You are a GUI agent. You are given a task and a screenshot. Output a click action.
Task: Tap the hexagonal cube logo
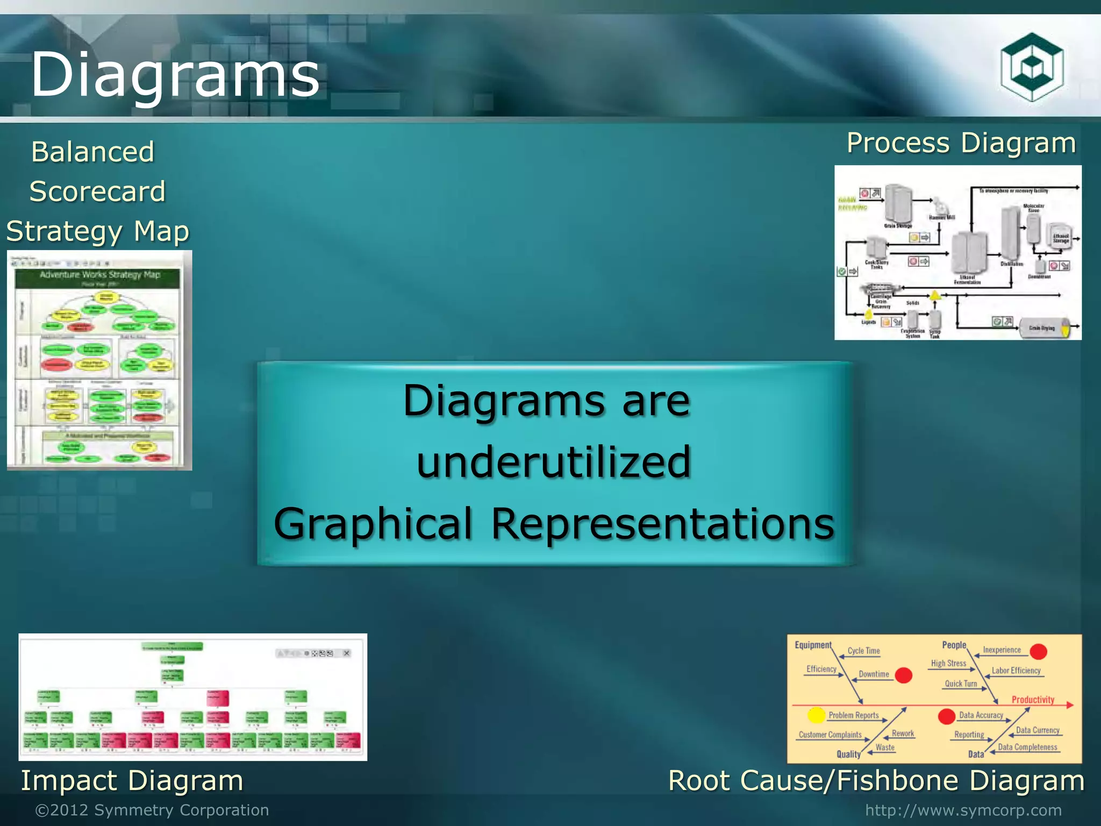(x=1032, y=67)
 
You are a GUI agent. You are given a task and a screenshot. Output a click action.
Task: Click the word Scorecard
(x=97, y=191)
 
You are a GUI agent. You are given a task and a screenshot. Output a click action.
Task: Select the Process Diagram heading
(x=961, y=143)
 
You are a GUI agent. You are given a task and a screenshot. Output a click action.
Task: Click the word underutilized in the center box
(x=554, y=462)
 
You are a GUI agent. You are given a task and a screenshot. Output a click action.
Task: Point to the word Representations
(x=662, y=524)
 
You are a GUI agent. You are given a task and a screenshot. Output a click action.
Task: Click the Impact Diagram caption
(x=132, y=780)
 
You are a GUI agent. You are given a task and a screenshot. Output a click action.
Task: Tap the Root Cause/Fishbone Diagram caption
(x=876, y=780)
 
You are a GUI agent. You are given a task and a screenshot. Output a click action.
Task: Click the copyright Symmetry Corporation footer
(x=152, y=810)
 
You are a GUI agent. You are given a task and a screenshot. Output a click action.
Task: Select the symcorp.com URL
(x=963, y=810)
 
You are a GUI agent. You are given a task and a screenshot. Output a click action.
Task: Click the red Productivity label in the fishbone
(x=1033, y=700)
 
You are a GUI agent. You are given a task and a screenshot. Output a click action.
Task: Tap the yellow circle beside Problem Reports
(x=816, y=715)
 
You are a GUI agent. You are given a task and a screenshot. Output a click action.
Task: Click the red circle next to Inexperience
(x=1038, y=651)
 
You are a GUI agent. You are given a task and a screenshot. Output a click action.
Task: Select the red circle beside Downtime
(x=904, y=675)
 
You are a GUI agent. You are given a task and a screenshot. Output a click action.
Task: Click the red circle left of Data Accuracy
(x=946, y=716)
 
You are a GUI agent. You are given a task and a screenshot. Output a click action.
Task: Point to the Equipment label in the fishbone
(x=813, y=645)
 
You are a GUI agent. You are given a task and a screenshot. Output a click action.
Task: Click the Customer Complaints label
(x=830, y=735)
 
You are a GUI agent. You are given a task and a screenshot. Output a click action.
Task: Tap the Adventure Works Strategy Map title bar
(x=99, y=277)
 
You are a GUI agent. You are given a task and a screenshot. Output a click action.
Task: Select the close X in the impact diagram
(x=347, y=653)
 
